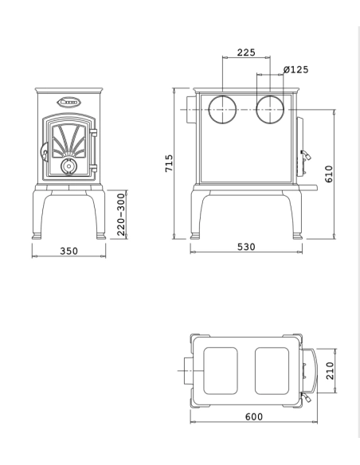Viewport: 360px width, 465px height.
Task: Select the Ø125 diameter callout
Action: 296,69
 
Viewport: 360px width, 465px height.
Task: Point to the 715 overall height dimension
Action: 169,163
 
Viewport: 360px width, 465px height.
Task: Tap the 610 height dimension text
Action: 328,173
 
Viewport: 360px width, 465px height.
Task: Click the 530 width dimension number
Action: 246,247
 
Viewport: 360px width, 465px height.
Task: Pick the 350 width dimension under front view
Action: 69,251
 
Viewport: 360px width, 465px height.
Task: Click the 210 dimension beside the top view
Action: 328,370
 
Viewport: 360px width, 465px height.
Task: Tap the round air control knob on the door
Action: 68,167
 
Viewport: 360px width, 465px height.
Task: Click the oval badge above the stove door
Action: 69,102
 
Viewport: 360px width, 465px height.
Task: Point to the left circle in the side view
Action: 223,109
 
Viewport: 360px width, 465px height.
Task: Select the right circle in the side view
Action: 270,109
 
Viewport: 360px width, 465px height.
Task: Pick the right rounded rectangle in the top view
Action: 272,370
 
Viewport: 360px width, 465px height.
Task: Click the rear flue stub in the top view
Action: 189,370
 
